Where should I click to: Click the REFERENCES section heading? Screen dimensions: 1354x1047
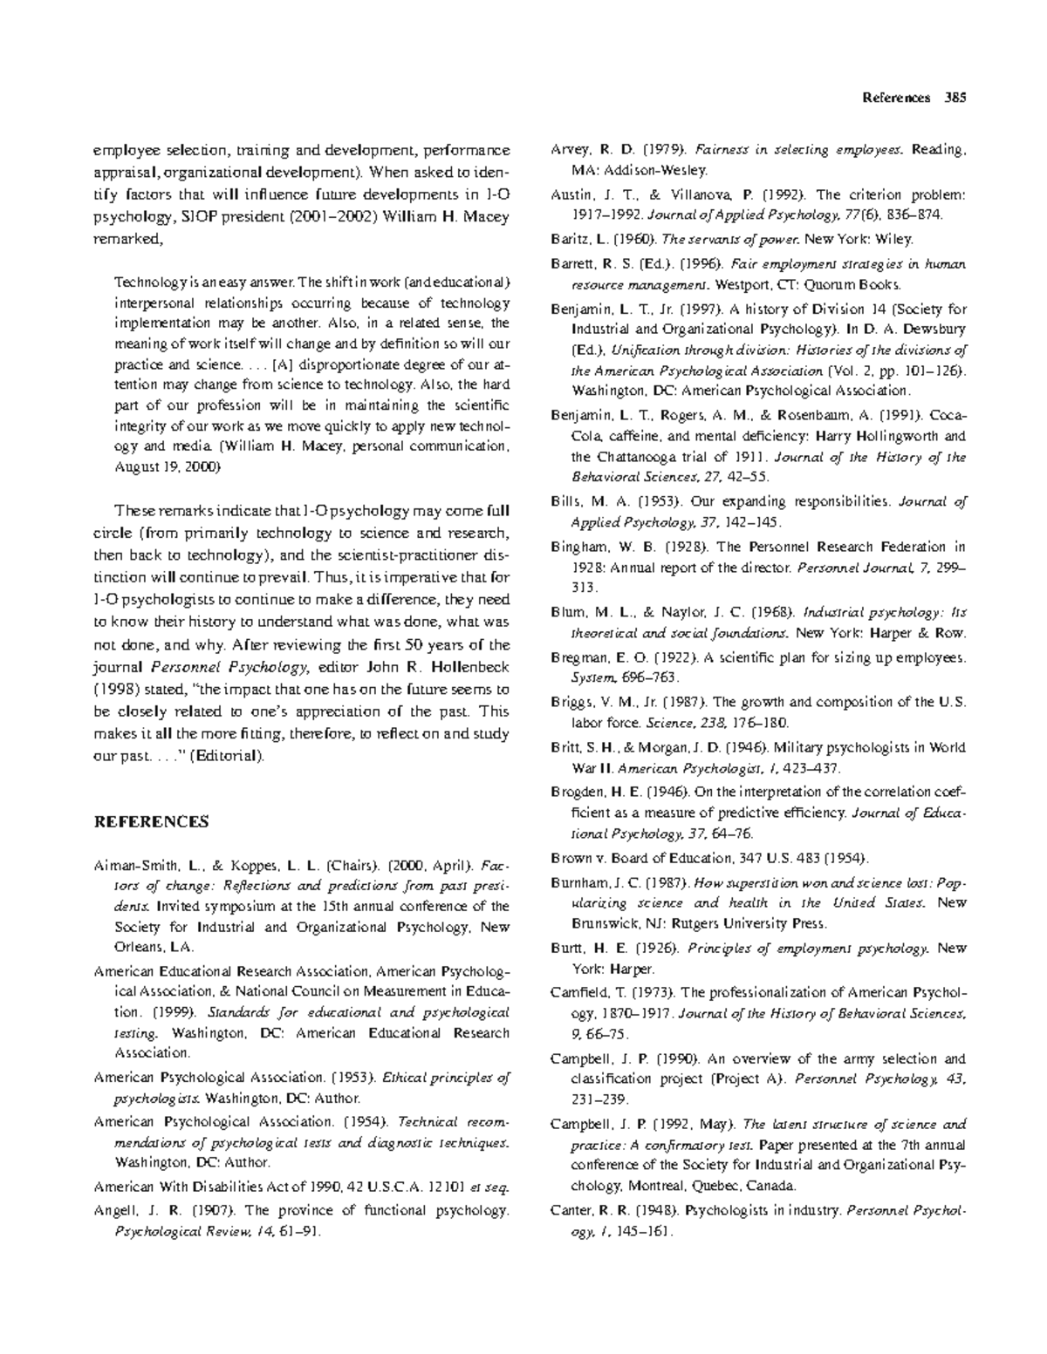(x=151, y=821)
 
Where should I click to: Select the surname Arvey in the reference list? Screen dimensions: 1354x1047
(x=569, y=150)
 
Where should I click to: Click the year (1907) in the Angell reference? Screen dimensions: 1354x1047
(x=213, y=1210)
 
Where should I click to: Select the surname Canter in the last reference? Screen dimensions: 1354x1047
(x=571, y=1210)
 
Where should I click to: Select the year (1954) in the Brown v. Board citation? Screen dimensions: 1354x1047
(x=845, y=857)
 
